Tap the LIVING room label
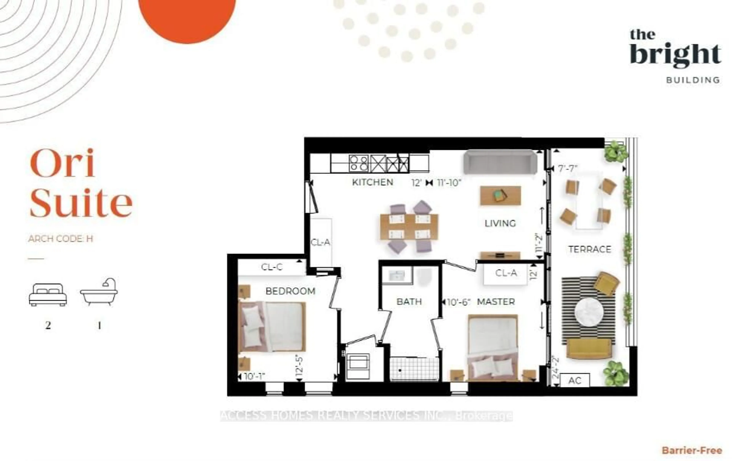[x=500, y=223]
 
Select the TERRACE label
[x=589, y=249]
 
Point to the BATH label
[x=409, y=302]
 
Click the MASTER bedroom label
[x=496, y=302]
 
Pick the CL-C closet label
[x=272, y=267]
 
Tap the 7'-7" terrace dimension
[x=567, y=168]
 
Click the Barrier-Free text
[x=692, y=450]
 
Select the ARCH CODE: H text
[x=60, y=239]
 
